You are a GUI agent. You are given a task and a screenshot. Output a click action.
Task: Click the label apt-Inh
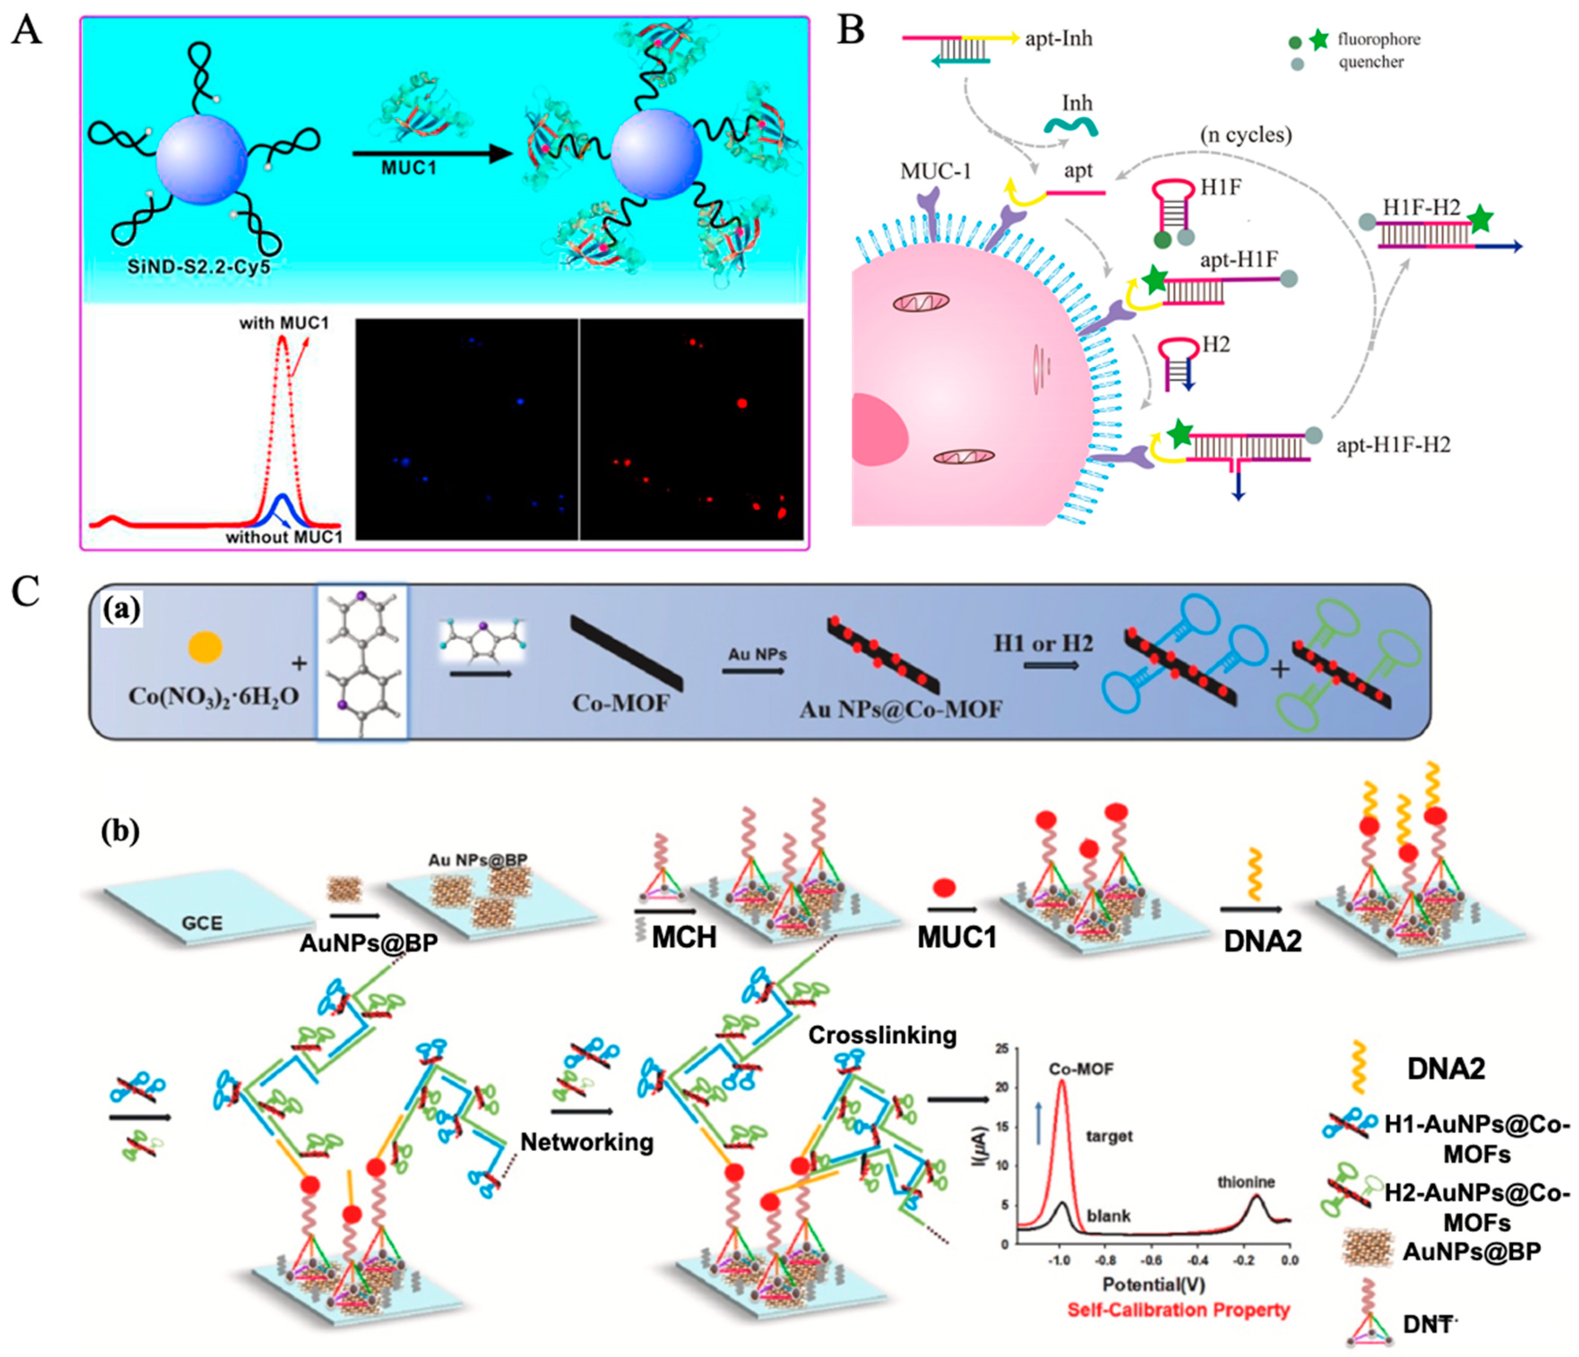pos(1059,39)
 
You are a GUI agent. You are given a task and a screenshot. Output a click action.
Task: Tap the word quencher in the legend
pos(1371,63)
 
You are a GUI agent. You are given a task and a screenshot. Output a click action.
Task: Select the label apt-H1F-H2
pos(1393,445)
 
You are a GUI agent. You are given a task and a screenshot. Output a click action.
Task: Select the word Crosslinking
pos(882,1035)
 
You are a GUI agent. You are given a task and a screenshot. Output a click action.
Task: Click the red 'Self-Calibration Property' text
pos(1178,1310)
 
